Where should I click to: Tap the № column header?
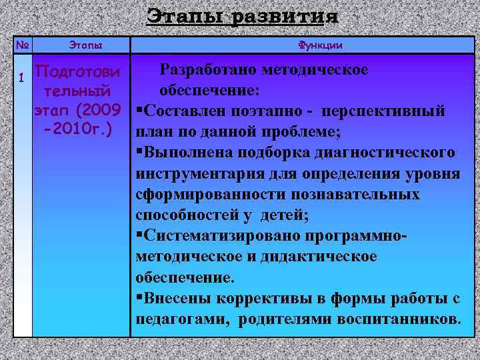pos(22,45)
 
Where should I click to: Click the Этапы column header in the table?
pos(86,45)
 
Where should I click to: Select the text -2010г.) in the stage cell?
pos(77,127)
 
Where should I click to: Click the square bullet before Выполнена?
pos(138,153)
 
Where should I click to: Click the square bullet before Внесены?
pos(138,298)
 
